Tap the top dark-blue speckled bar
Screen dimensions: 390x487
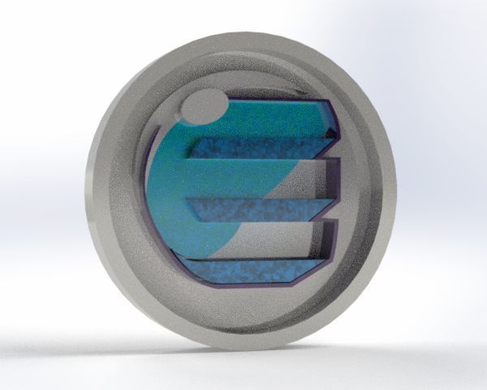260,149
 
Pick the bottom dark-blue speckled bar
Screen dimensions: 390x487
243,271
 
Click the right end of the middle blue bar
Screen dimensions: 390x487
333,210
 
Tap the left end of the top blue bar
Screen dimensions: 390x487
193,149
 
